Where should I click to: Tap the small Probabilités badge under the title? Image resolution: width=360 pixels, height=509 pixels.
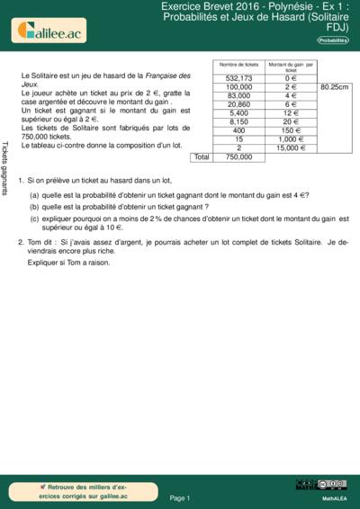333,40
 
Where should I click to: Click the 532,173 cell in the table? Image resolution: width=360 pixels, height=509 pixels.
238,78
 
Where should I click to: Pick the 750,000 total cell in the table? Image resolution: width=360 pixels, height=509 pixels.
238,157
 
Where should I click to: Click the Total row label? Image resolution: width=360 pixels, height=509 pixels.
202,157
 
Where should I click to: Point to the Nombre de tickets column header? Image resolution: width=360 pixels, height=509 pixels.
238,66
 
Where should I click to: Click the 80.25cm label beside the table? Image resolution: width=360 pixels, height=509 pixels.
334,87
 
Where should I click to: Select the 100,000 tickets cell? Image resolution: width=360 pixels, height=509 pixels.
238,87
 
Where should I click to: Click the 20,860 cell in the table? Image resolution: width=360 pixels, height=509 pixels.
238,104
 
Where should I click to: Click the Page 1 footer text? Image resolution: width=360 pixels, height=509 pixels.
180,497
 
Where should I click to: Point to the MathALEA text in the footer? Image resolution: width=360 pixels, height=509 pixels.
334,497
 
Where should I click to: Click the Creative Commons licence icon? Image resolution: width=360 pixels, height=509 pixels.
334,485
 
